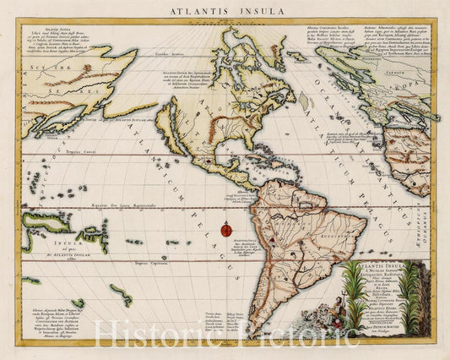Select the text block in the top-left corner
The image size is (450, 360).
(59, 39)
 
